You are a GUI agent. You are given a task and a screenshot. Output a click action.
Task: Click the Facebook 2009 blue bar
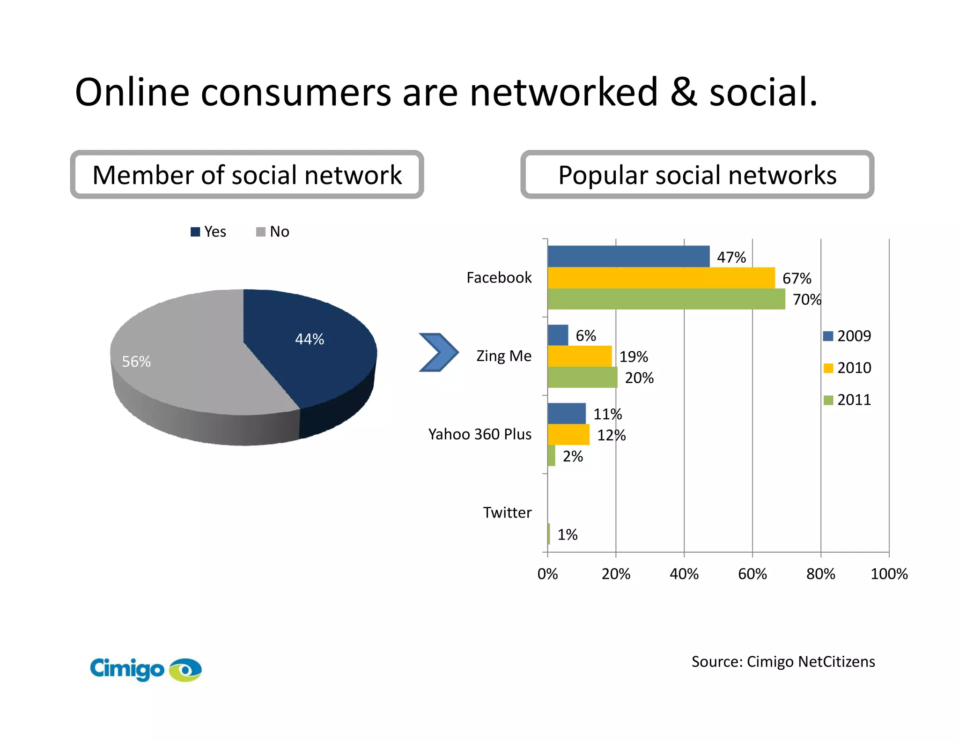pos(628,256)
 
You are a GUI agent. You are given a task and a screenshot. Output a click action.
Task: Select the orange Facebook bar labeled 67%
pos(661,278)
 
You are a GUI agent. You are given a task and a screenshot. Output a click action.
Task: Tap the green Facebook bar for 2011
pos(666,299)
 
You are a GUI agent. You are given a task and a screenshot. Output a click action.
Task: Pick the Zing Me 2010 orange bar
pos(579,356)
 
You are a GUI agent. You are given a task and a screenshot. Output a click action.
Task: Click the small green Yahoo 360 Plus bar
pos(551,456)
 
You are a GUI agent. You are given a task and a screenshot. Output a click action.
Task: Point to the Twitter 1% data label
pos(567,534)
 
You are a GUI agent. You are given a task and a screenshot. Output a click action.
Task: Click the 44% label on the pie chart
pos(310,339)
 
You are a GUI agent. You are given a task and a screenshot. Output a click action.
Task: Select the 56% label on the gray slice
pos(136,361)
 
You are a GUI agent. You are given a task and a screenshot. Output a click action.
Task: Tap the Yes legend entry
pos(209,231)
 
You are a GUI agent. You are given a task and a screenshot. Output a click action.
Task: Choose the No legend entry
pos(273,231)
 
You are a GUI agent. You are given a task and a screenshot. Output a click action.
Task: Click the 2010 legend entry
pos(848,368)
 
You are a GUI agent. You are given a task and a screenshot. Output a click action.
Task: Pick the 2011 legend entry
pos(848,400)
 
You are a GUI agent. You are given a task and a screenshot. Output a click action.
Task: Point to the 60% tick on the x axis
pos(752,574)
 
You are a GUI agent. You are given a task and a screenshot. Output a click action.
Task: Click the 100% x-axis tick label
pos(889,574)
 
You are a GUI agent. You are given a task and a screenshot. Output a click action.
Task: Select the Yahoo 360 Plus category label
pos(479,434)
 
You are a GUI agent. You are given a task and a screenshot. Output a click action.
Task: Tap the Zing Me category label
pos(504,356)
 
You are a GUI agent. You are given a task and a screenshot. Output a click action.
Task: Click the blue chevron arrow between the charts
pos(438,352)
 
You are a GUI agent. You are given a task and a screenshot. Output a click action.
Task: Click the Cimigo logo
pos(145,669)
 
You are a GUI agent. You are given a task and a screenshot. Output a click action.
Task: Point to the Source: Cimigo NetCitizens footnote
pos(783,661)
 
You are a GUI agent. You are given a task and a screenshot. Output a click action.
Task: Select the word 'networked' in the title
pos(564,92)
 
